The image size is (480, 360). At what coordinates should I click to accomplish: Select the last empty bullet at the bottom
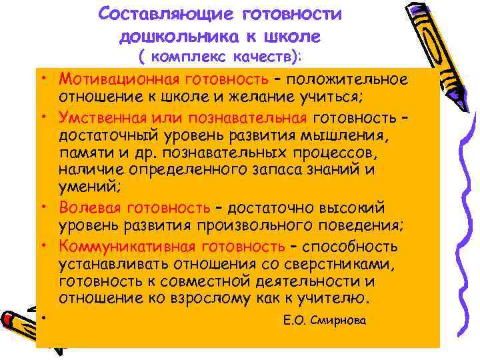42,317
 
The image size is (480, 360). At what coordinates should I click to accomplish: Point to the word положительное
351,80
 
